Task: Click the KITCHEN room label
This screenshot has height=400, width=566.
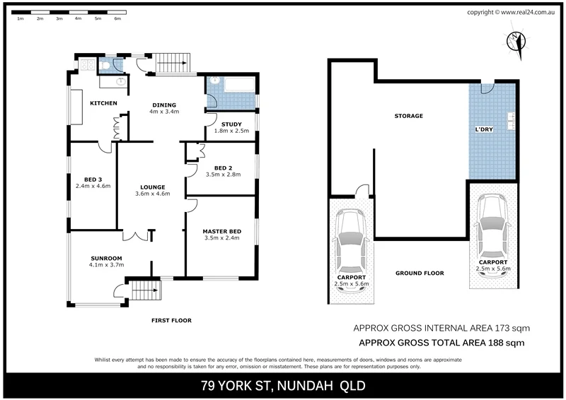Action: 103,103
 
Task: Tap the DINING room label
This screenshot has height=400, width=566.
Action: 164,103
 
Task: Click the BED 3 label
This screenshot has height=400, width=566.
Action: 91,179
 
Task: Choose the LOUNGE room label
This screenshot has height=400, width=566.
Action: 153,187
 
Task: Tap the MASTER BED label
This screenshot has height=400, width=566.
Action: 222,231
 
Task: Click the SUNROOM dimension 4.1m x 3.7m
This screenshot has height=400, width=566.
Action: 107,265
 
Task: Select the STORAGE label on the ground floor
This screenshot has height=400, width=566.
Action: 409,116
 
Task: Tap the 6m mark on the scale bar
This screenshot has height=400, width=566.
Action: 117,18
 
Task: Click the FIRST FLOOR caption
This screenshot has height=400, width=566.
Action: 171,320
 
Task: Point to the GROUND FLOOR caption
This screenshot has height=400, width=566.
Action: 420,273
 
